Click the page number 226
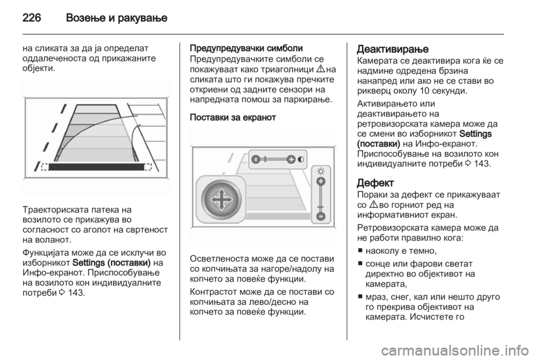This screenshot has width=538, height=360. click(32, 17)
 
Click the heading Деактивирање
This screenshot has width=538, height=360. click(392, 49)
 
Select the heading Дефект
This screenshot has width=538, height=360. click(375, 183)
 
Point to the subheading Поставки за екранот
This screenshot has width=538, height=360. click(233, 117)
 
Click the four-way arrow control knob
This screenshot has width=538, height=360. click(221, 200)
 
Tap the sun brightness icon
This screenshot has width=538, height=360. click(321, 171)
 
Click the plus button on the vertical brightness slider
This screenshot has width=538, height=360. click(321, 182)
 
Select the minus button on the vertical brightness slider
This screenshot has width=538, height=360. click(321, 216)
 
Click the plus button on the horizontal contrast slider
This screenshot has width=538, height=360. click(291, 159)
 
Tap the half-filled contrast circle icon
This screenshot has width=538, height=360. click(301, 159)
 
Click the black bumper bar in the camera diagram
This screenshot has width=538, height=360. click(96, 167)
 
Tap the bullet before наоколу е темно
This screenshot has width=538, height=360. click(360, 251)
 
